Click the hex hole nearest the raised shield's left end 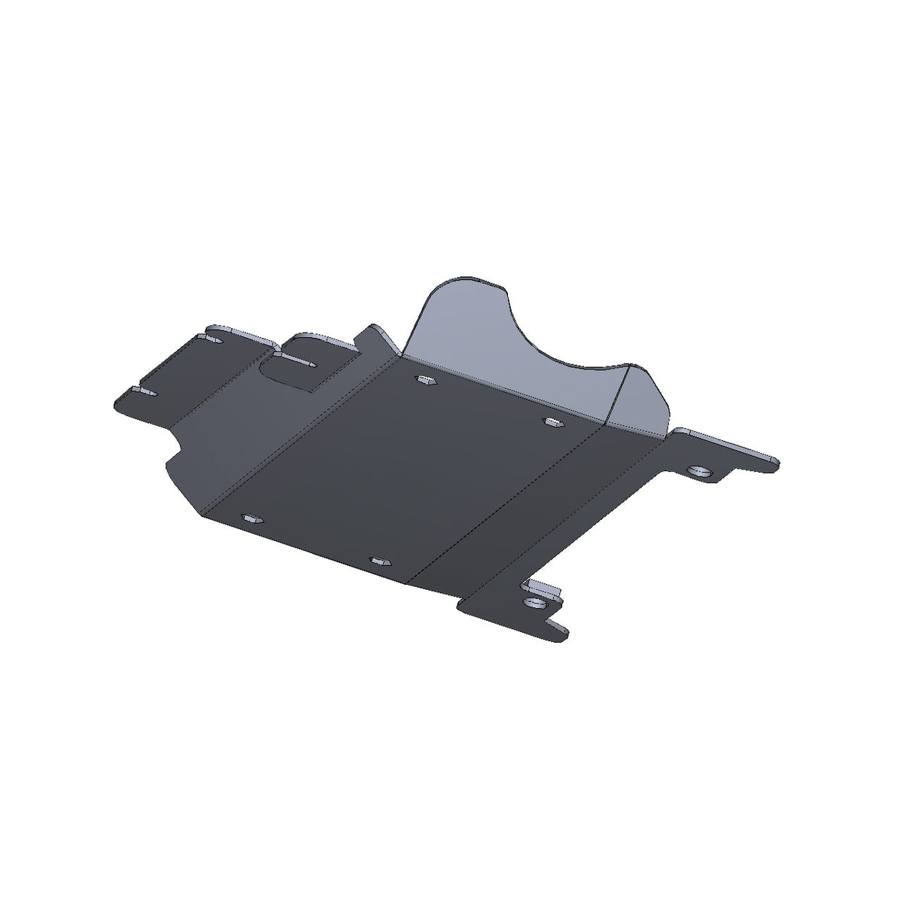[425, 380]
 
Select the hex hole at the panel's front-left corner [251, 519]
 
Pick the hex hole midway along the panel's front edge [379, 561]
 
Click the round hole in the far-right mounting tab [701, 471]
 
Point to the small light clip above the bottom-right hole [543, 587]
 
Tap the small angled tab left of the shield [380, 339]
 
